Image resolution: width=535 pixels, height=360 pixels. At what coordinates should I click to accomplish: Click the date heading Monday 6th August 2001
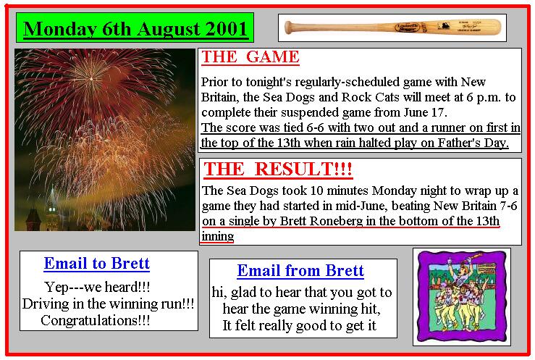click(x=135, y=29)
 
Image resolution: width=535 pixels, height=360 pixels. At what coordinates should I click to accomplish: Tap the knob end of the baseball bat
click(x=288, y=28)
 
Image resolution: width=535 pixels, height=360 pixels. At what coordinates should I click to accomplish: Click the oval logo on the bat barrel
click(x=408, y=27)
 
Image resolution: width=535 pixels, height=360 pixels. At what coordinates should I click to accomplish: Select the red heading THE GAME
click(x=250, y=56)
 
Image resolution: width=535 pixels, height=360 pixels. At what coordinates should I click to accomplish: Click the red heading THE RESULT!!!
click(x=278, y=169)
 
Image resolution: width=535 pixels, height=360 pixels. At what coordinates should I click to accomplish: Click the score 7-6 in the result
click(x=508, y=206)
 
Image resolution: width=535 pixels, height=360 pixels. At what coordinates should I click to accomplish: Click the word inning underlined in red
click(x=218, y=236)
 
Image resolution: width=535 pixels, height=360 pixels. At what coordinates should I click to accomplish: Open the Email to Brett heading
click(x=97, y=264)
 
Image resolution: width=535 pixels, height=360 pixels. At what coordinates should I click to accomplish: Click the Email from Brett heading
click(x=300, y=271)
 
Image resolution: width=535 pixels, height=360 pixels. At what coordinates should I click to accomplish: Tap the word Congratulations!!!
click(x=95, y=320)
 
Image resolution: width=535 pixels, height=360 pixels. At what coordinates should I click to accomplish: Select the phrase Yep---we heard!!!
click(x=97, y=287)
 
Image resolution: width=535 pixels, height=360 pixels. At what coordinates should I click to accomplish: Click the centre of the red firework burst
click(x=91, y=79)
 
